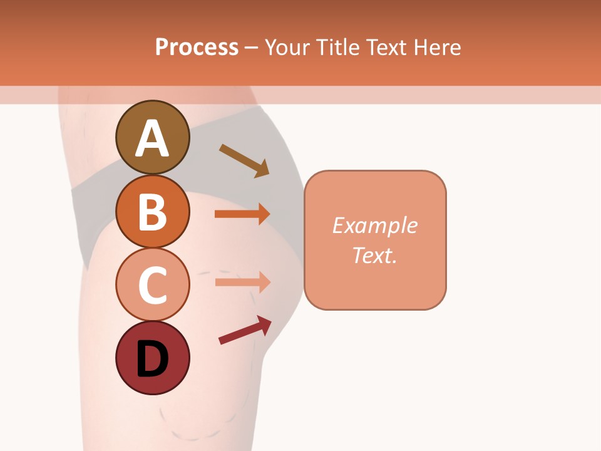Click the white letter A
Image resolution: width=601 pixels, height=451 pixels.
[x=152, y=139]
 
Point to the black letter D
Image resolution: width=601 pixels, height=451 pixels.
[x=152, y=359]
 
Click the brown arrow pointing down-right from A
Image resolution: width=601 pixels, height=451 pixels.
[x=244, y=160]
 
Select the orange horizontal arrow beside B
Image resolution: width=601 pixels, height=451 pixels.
[x=242, y=214]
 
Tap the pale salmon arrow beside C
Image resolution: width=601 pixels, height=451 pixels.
[x=242, y=282]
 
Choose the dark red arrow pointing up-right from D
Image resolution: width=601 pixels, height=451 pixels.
[x=245, y=330]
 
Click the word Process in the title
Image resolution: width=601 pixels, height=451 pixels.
[x=197, y=47]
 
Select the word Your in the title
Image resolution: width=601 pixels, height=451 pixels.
[x=287, y=47]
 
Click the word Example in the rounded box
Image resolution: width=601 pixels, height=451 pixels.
[x=374, y=225]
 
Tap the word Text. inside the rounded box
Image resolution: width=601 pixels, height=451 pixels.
[x=374, y=255]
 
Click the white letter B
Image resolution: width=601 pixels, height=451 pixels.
[x=152, y=212]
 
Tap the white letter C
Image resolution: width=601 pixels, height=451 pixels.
[x=152, y=285]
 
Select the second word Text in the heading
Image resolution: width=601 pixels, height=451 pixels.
[x=386, y=47]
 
